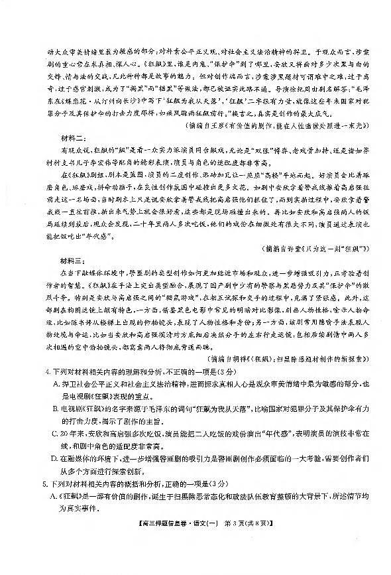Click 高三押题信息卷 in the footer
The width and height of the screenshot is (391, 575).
tap(172, 562)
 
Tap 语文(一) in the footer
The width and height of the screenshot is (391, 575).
tap(213, 562)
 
